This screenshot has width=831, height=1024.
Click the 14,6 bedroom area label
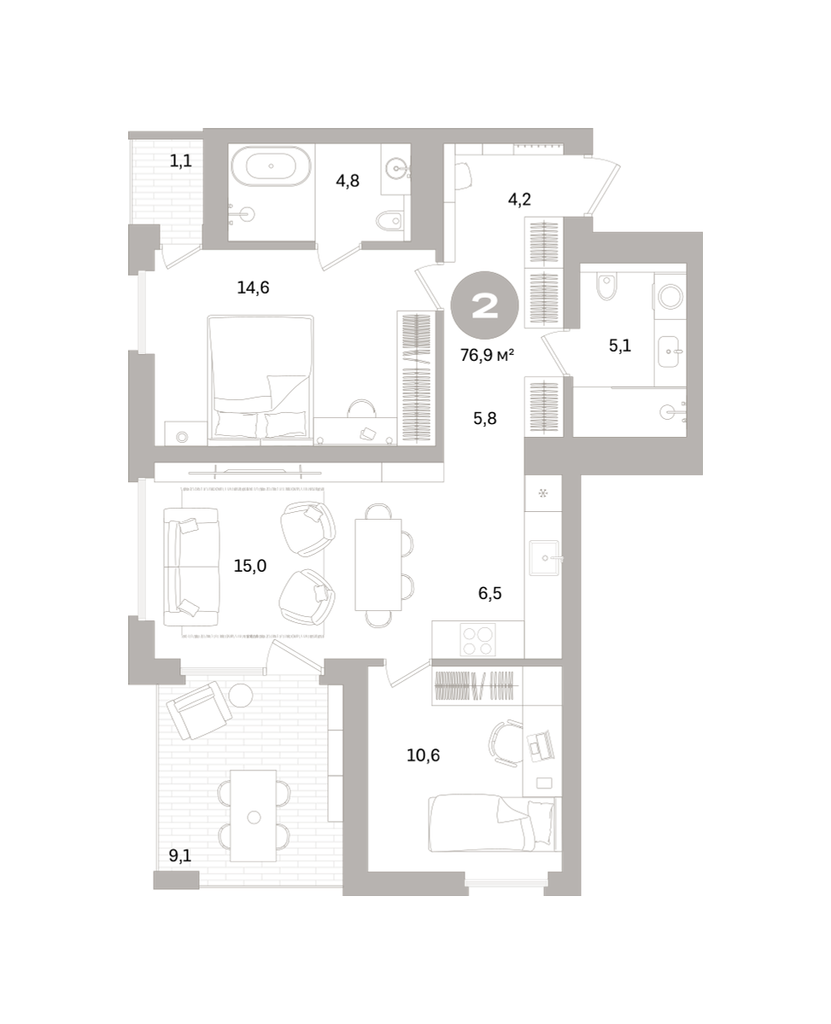[253, 288]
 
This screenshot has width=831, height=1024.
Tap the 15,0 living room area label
[249, 566]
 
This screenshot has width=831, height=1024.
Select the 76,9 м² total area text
[487, 355]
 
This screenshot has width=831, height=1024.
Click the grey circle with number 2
[484, 305]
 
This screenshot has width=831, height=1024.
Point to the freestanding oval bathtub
[272, 166]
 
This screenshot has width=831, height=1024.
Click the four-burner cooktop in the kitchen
[477, 639]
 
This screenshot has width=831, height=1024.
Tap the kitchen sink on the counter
[544, 558]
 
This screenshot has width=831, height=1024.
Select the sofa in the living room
[191, 567]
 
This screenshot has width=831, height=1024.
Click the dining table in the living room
[378, 564]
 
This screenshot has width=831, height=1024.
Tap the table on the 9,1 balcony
[253, 816]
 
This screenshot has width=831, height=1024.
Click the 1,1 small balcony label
[181, 160]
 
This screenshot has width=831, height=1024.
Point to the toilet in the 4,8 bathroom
[390, 221]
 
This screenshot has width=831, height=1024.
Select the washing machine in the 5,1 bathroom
[670, 296]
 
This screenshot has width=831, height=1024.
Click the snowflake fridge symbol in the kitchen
[543, 492]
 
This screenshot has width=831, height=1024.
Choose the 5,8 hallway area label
[484, 419]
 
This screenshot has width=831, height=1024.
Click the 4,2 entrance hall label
[519, 199]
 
